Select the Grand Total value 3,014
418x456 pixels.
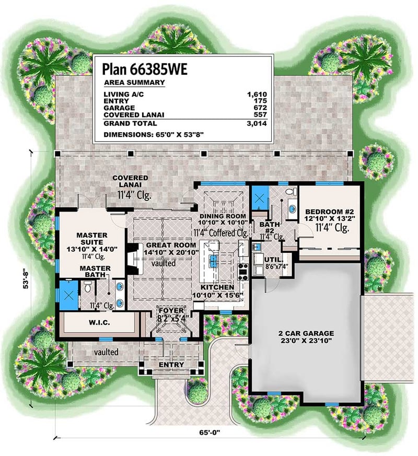point(257,123)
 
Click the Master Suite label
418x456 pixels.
point(91,239)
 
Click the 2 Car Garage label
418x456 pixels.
point(306,333)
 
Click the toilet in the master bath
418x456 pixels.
point(88,286)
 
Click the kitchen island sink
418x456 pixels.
point(214,259)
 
